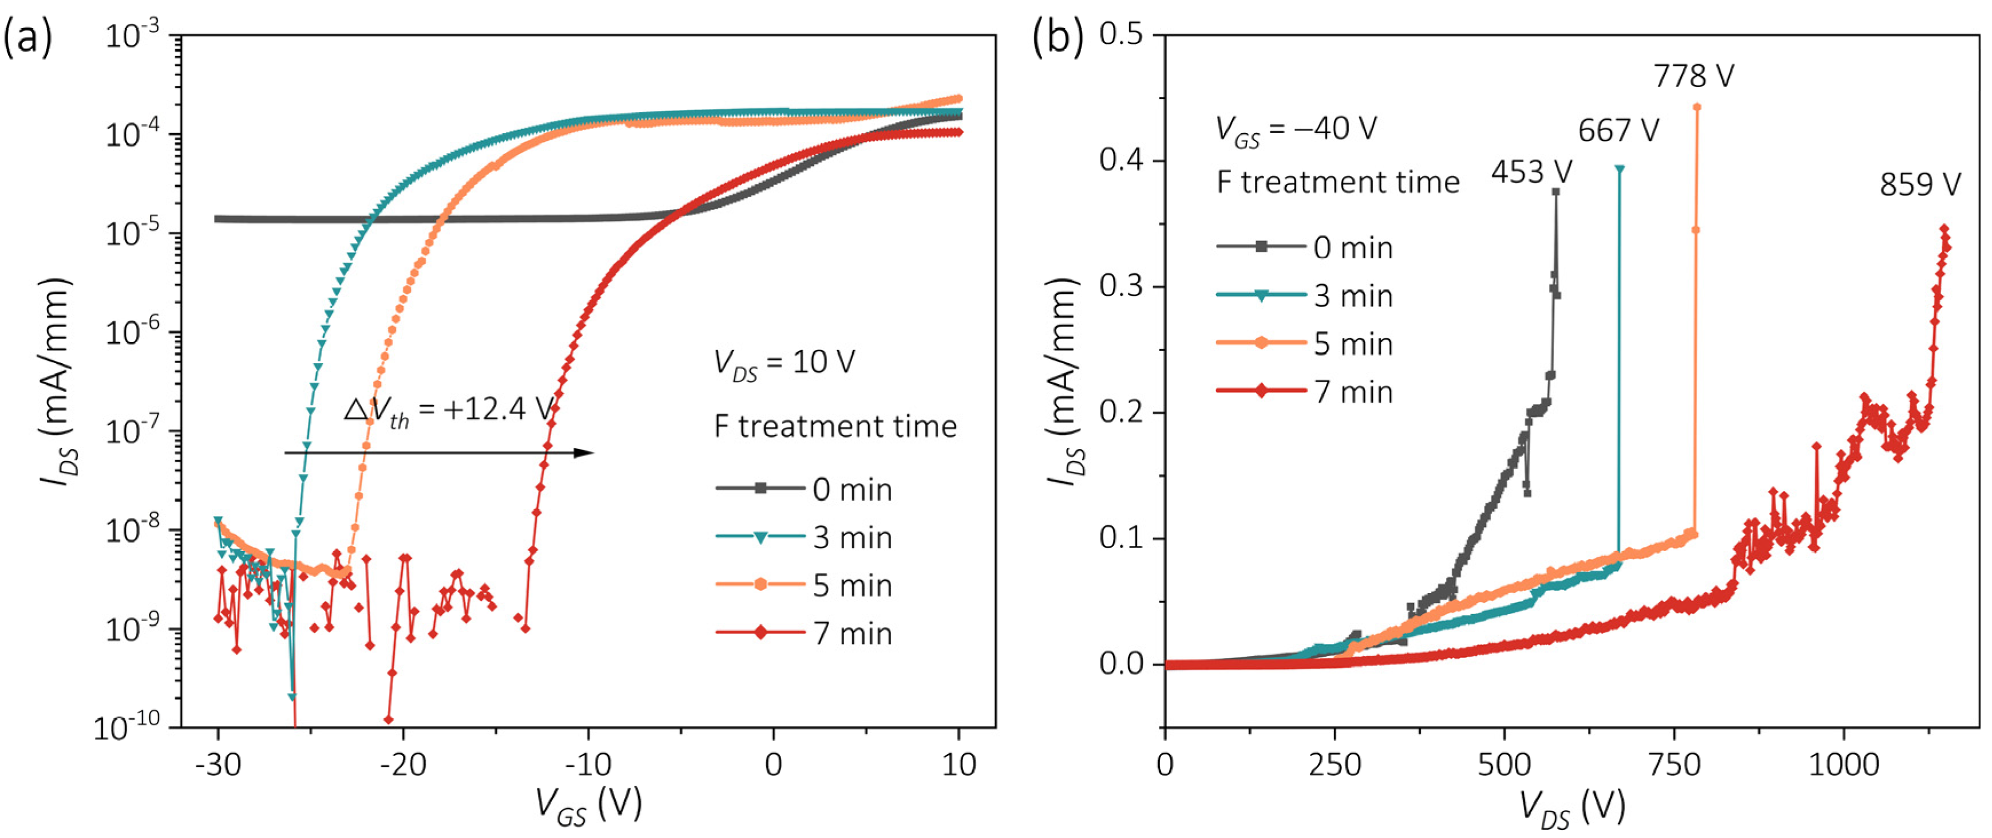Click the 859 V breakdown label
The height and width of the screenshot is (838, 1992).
click(x=1919, y=185)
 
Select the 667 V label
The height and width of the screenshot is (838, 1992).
click(x=1618, y=131)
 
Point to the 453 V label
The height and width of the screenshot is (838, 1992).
click(x=1531, y=172)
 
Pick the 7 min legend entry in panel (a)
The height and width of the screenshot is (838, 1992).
click(x=804, y=634)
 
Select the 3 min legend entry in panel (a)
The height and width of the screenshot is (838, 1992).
click(x=804, y=538)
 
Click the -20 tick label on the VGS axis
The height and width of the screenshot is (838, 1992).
click(x=403, y=765)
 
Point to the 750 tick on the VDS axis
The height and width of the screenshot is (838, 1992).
click(x=1674, y=765)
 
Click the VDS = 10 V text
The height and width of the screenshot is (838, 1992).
click(x=783, y=363)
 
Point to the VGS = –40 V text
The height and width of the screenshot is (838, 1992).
click(x=1295, y=129)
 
